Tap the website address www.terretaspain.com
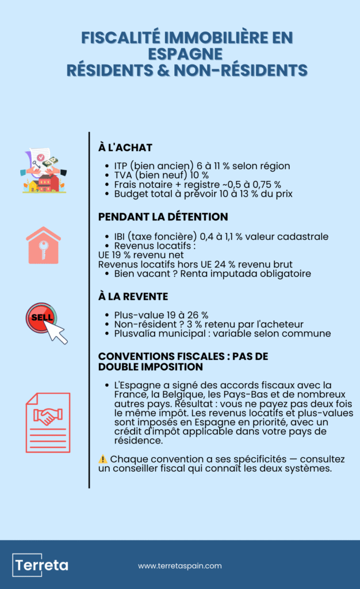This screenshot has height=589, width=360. [x=179, y=566]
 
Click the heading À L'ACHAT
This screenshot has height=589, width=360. [x=125, y=148]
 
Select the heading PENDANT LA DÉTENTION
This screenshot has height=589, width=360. [x=163, y=217]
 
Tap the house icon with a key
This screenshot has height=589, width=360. [x=43, y=246]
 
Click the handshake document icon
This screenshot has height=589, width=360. [x=48, y=422]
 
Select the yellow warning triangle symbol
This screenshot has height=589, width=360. [x=102, y=459]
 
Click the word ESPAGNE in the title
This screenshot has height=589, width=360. [x=185, y=54]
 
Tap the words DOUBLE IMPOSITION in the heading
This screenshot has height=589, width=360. [x=150, y=366]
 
